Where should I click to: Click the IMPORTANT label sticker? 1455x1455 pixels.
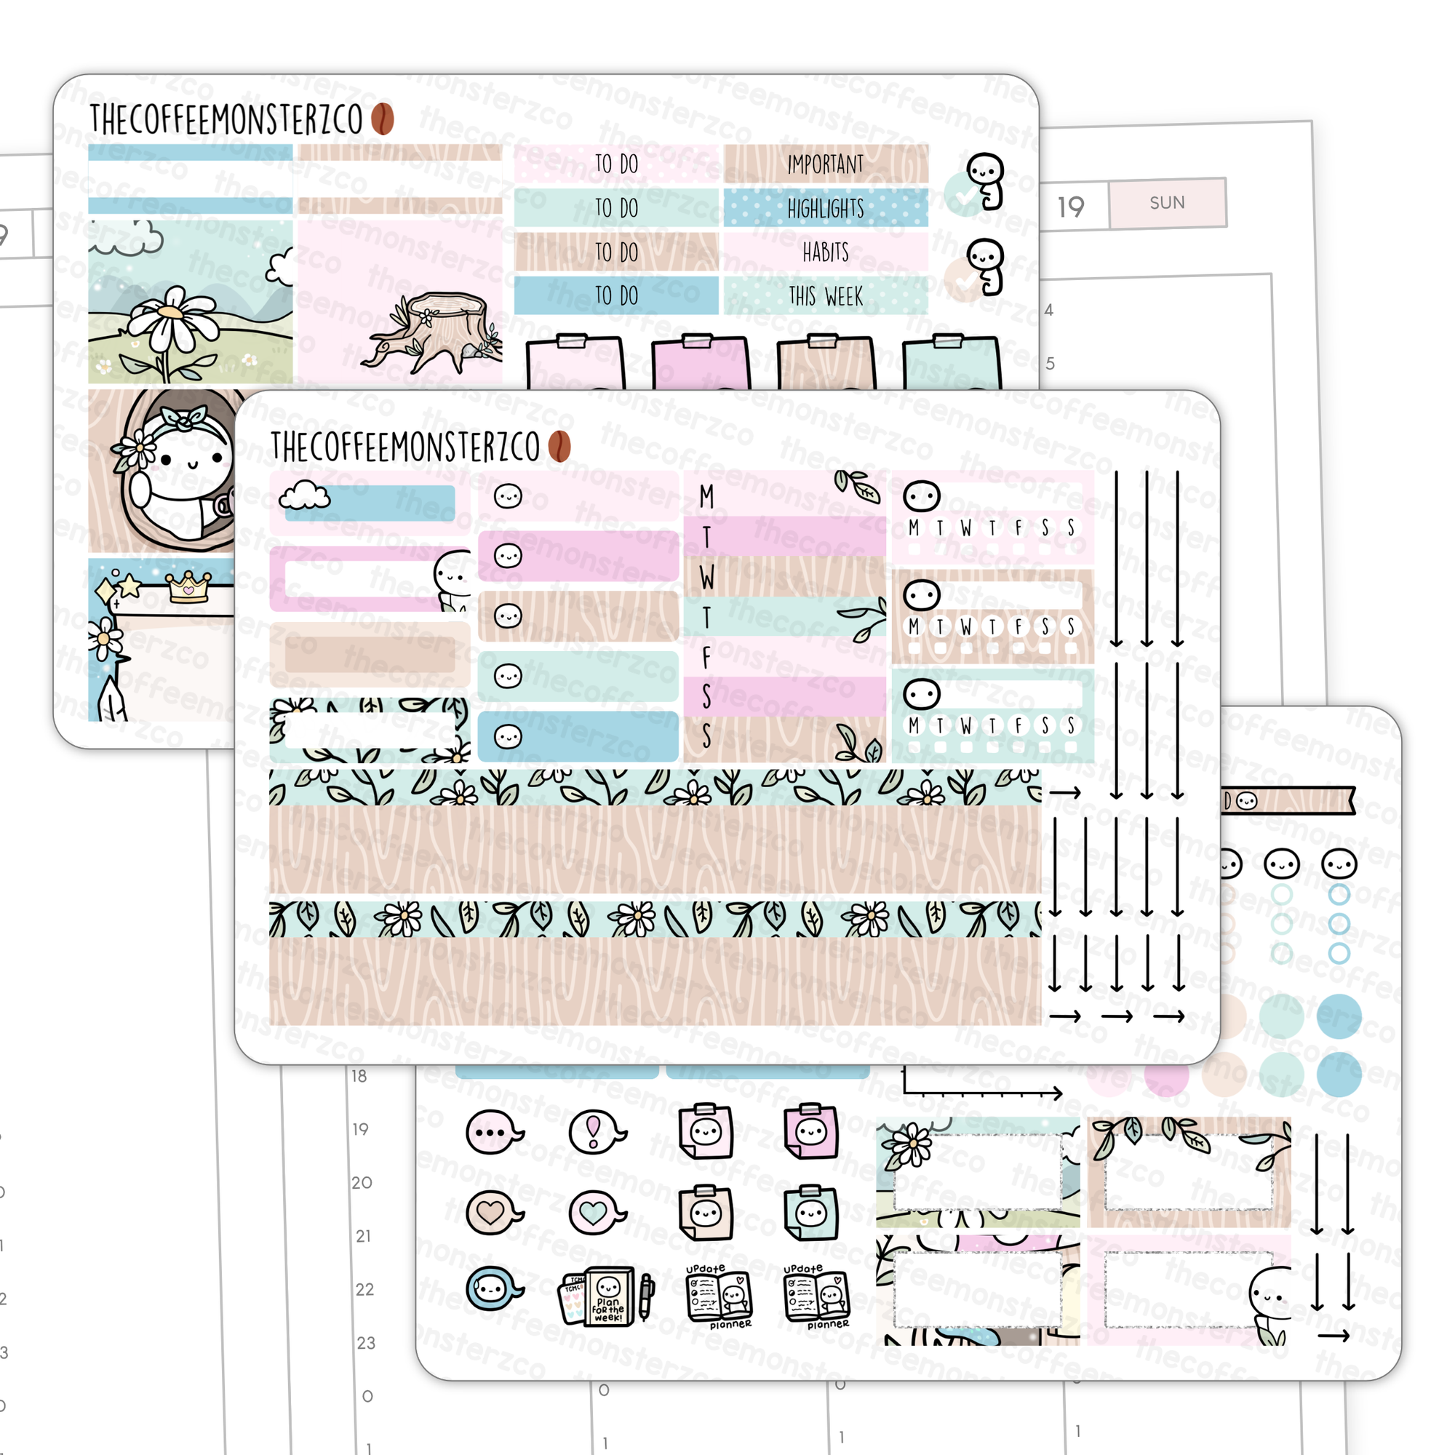[x=826, y=164]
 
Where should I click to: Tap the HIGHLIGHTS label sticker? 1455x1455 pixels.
[x=826, y=208]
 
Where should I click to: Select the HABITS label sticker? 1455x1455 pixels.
[x=826, y=252]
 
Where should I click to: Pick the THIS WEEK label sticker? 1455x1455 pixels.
[x=826, y=296]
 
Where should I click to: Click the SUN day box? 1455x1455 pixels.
[x=1167, y=202]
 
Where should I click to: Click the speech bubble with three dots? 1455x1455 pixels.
[x=493, y=1131]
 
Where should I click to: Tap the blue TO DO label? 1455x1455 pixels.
[x=616, y=296]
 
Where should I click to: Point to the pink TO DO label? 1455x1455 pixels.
[x=616, y=164]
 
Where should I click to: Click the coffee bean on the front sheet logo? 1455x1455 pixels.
[x=559, y=447]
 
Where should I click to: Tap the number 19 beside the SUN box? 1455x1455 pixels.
[x=1070, y=207]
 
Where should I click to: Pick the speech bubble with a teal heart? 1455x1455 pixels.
[x=595, y=1213]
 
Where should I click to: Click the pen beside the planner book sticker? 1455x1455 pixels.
[x=646, y=1295]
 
